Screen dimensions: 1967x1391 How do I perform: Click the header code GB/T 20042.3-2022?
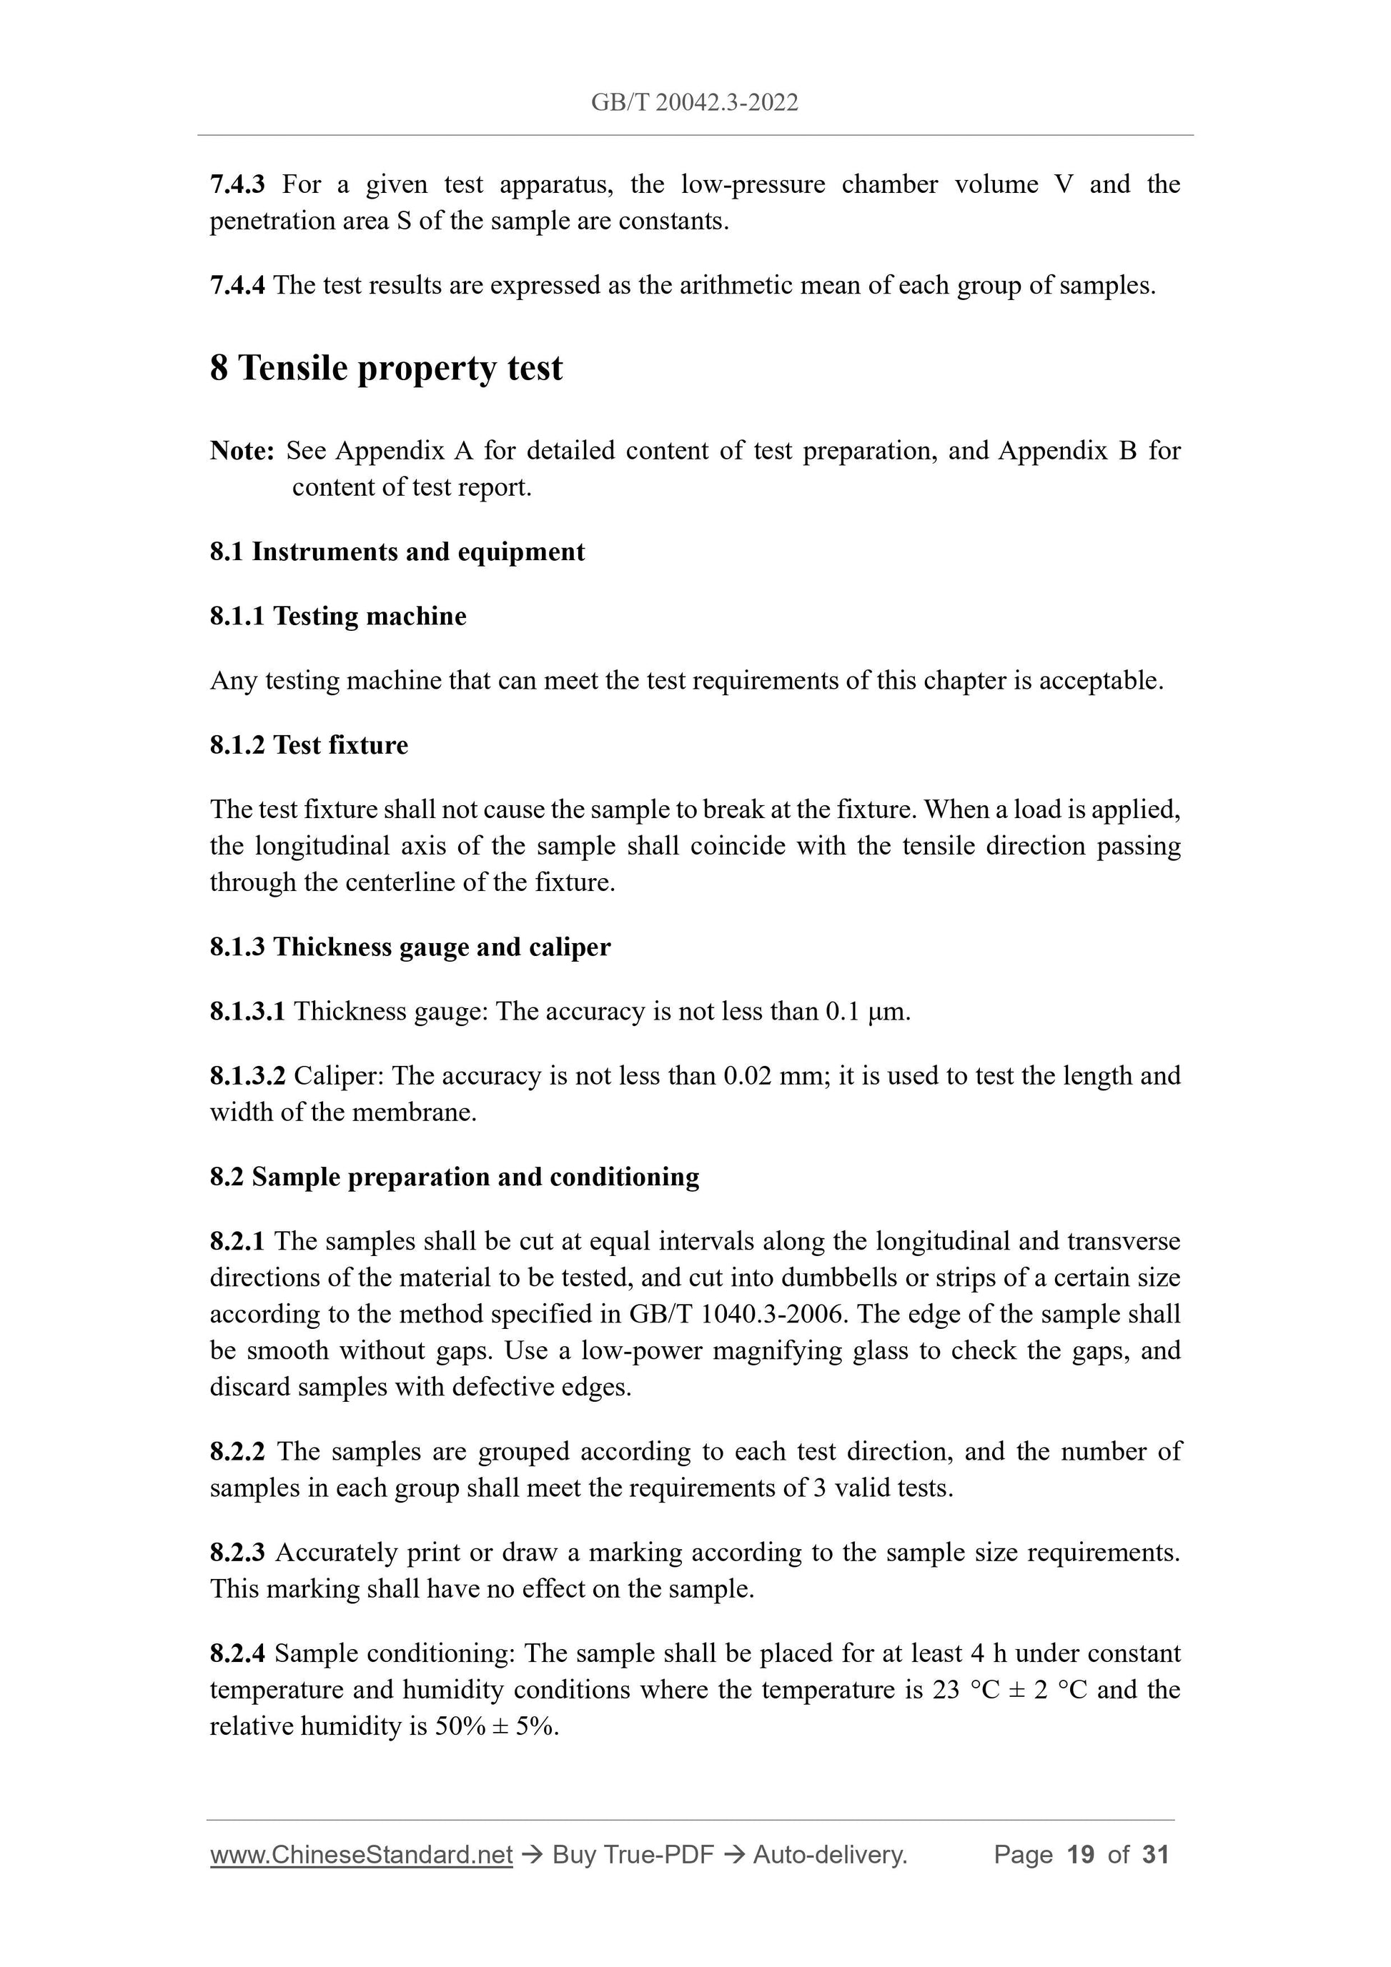click(694, 104)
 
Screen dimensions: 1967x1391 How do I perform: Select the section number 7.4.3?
click(237, 184)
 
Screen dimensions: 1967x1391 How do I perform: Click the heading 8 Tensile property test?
click(386, 369)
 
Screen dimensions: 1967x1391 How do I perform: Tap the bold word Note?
click(242, 451)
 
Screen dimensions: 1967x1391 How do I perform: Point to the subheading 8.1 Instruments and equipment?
click(397, 552)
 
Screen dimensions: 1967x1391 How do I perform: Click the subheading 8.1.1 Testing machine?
click(337, 616)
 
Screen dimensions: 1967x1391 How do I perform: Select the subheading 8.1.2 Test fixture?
click(309, 745)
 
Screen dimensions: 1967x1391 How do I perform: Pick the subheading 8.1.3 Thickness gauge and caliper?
click(410, 947)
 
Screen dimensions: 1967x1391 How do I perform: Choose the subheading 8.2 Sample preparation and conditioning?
click(454, 1177)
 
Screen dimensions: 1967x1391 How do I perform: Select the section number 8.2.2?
click(237, 1451)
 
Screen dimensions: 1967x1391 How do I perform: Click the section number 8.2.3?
click(237, 1553)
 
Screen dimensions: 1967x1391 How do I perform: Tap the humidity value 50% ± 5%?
click(496, 1726)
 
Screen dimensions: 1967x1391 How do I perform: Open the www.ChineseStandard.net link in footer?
click(361, 1856)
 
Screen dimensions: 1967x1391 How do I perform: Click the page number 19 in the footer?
click(1081, 1856)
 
